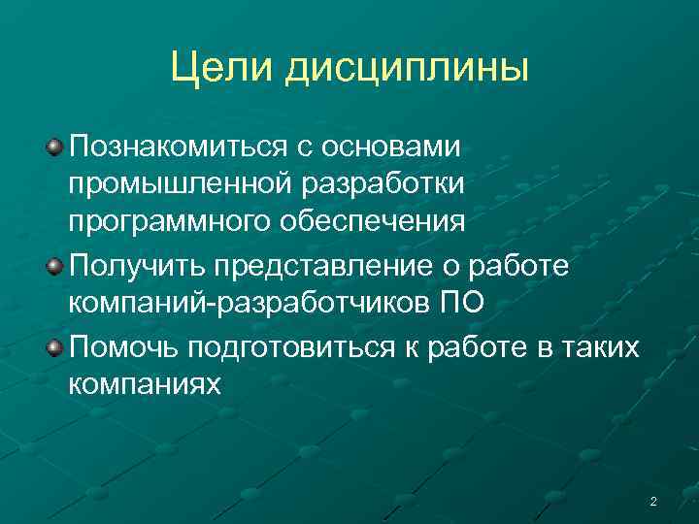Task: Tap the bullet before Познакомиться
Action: tap(55, 147)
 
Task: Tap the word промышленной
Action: tap(169, 183)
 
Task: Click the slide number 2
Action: tap(652, 502)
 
